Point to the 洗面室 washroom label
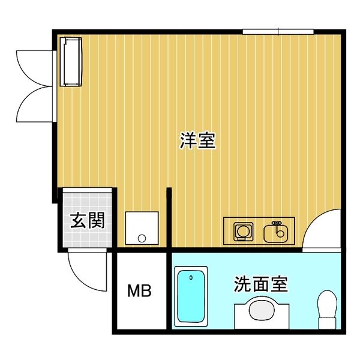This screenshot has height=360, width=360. tap(260, 284)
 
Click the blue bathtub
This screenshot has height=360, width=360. tap(191, 297)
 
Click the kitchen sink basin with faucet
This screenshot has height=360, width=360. tap(277, 232)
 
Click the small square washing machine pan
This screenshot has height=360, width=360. tap(142, 227)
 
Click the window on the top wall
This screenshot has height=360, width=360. tap(278, 31)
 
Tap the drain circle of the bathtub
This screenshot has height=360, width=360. tap(191, 278)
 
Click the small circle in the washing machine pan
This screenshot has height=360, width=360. tap(142, 238)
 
